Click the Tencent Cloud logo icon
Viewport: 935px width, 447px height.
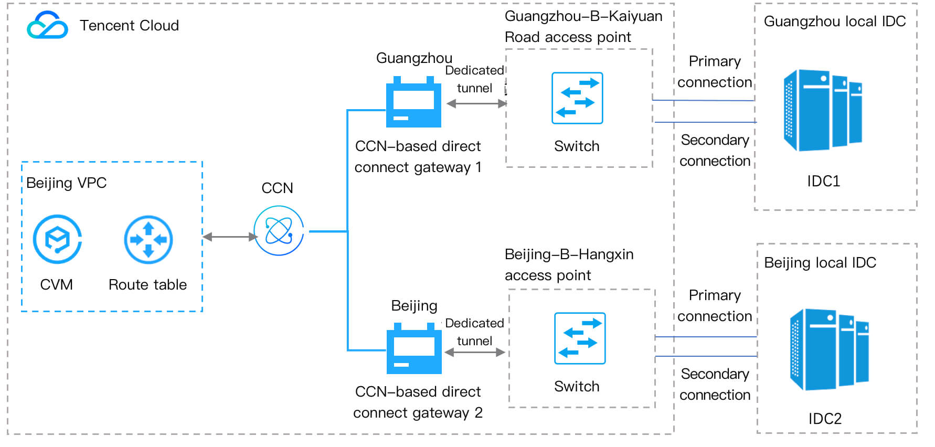[47, 25]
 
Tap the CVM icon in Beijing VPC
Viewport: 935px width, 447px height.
[57, 239]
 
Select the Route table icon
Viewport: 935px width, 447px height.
[148, 240]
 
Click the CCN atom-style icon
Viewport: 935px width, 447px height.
[279, 230]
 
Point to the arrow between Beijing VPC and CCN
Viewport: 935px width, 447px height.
[230, 237]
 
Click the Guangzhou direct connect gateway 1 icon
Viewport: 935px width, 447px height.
[413, 103]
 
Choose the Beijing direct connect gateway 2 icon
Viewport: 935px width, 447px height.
[414, 349]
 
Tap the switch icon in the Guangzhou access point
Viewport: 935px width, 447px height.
[577, 98]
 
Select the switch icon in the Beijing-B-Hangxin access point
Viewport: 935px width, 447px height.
[580, 338]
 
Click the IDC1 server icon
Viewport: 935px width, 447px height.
[822, 110]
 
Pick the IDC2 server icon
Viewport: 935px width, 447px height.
[829, 349]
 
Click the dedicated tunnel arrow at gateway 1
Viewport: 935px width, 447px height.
[476, 104]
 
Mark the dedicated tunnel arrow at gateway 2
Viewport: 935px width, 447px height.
[475, 353]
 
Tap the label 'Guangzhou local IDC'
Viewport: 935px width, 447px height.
[835, 22]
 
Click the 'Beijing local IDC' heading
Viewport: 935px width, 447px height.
[820, 263]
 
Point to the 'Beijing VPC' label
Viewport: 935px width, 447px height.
[67, 183]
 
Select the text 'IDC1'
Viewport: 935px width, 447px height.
[824, 182]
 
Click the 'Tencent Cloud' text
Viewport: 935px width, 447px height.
[129, 26]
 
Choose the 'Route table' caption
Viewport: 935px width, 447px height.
[147, 285]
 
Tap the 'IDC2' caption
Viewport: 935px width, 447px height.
[825, 419]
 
